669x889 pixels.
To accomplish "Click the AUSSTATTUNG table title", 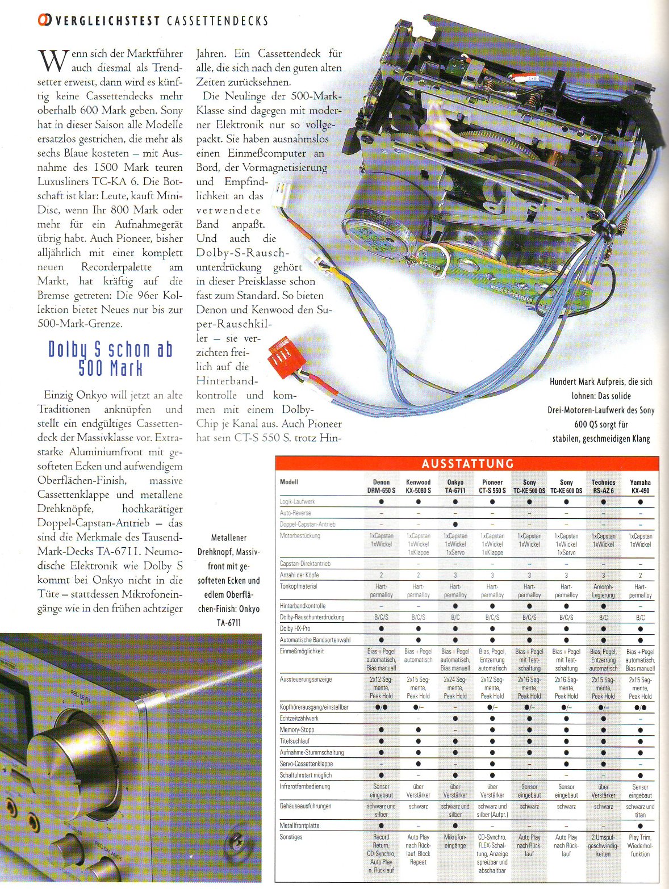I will [467, 464].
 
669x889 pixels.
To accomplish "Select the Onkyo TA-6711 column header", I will [455, 486].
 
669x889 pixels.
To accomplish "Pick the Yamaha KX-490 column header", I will [640, 486].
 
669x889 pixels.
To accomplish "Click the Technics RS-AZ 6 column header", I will [603, 486].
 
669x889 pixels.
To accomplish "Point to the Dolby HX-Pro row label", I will [295, 628].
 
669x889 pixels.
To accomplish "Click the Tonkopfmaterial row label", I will [299, 586].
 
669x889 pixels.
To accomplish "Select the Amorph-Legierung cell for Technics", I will [603, 591].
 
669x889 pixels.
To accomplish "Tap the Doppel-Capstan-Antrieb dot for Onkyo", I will [455, 525].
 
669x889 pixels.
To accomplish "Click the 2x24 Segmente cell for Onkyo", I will [455, 687].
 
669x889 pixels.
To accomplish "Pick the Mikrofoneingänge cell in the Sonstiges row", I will [455, 841].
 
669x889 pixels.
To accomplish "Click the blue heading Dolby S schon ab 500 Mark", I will [110, 359].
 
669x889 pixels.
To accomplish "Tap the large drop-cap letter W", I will [52, 60].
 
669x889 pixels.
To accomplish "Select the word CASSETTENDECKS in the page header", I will [218, 21].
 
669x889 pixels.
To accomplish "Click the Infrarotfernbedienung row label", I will [304, 787].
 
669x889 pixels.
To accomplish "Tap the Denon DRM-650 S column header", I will [381, 486].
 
